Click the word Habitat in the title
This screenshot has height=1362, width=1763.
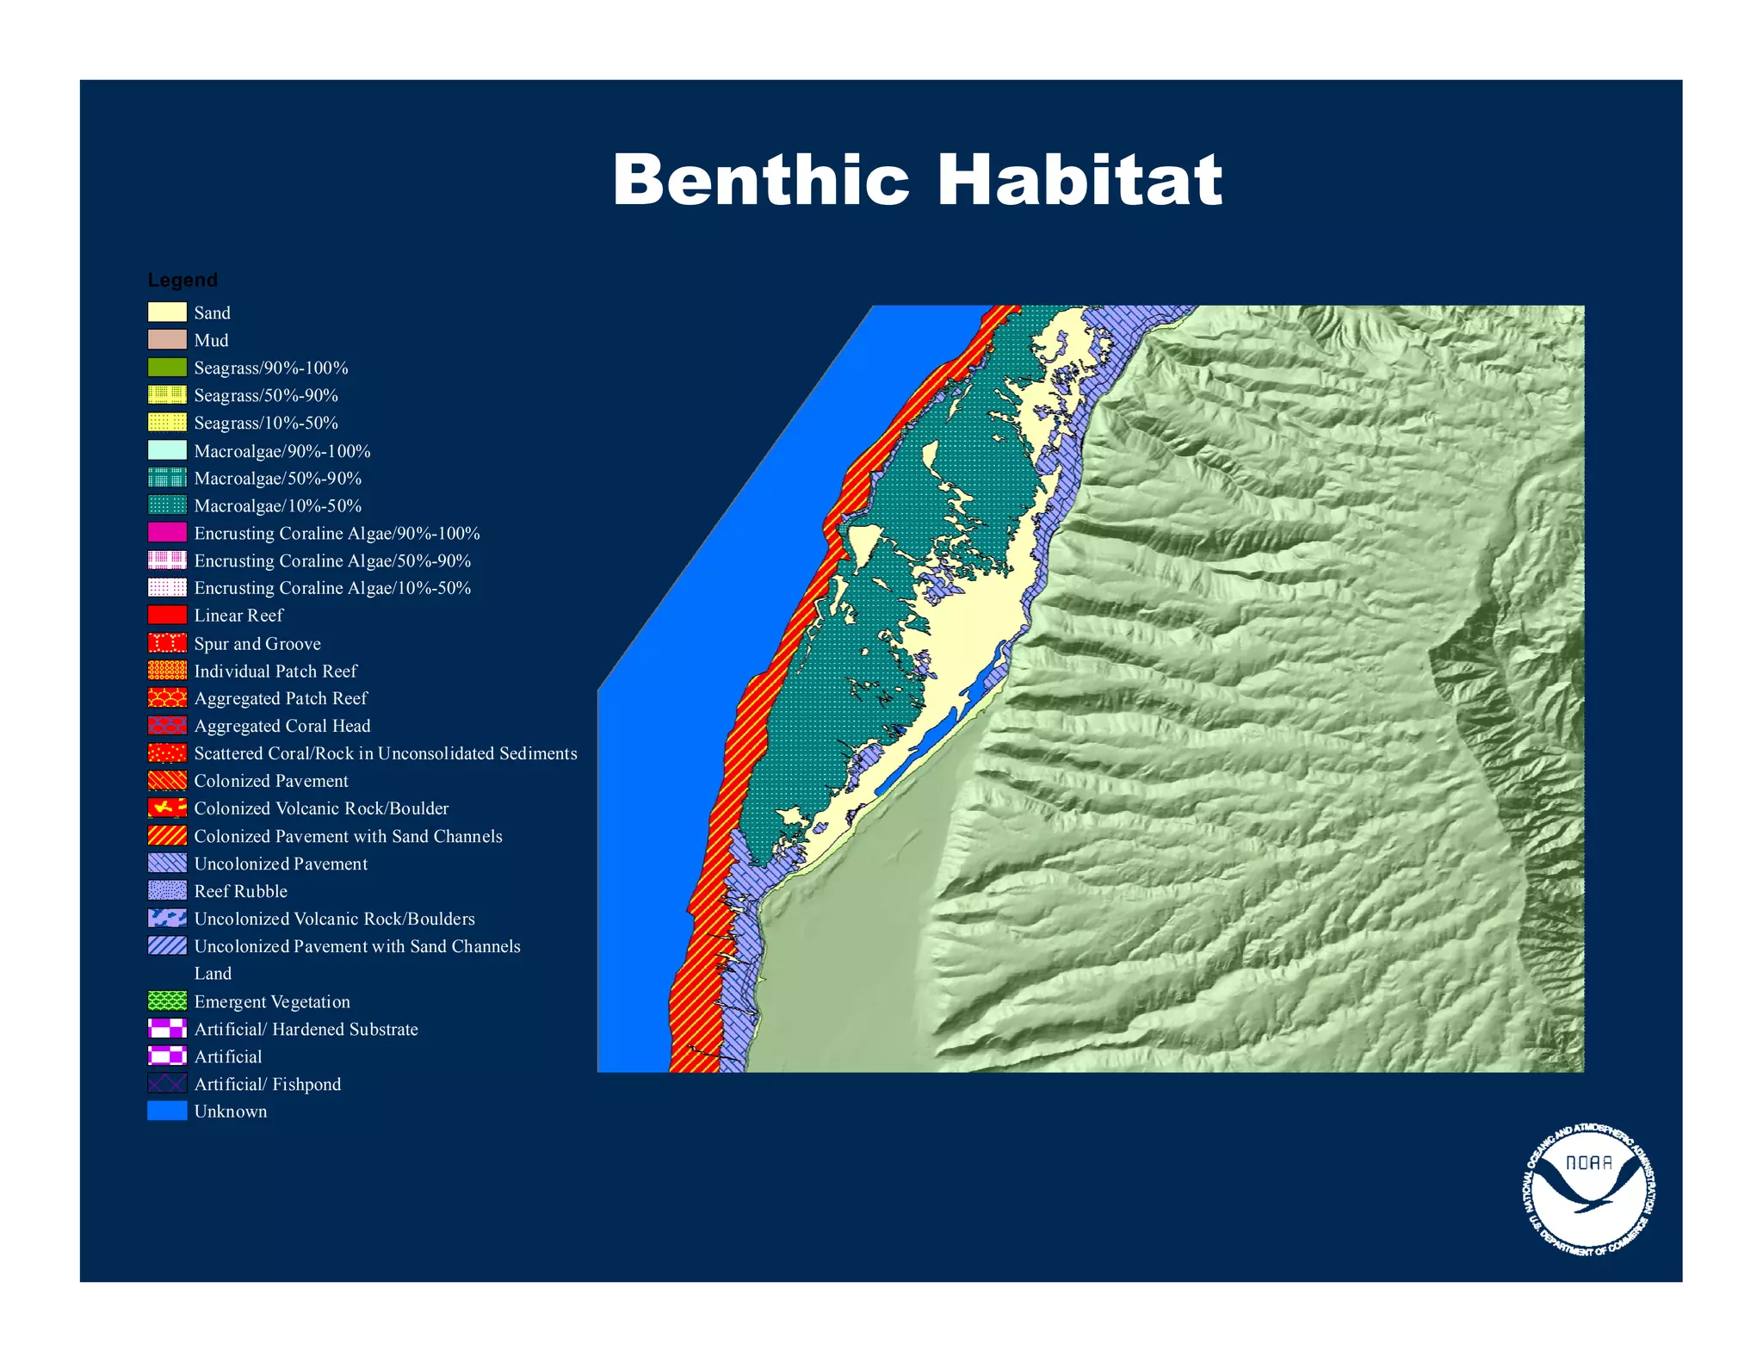[1079, 180]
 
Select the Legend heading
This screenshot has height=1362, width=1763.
[182, 280]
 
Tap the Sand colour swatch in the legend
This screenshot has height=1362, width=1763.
[167, 312]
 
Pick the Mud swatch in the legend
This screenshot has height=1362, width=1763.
[167, 339]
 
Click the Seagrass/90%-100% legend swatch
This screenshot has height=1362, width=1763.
[167, 367]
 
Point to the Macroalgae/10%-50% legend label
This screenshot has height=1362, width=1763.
[277, 505]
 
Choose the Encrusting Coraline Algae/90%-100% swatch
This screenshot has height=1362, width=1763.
[167, 533]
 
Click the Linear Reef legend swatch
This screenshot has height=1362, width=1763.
[167, 615]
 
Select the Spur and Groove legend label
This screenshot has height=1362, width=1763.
[257, 643]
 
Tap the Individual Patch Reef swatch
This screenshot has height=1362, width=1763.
[167, 670]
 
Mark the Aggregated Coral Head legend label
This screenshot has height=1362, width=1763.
[282, 726]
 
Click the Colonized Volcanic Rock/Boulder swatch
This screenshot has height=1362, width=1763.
[167, 808]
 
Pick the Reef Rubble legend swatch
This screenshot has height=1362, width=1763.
[167, 890]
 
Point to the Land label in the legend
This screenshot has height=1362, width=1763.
[213, 973]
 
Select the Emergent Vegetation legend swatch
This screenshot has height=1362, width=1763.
[167, 1000]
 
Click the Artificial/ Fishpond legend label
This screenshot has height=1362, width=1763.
[268, 1084]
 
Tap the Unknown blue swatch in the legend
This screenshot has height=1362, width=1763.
[167, 1111]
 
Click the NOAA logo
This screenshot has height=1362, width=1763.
[1589, 1189]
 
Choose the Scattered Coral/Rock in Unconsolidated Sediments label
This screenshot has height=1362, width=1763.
[386, 753]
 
